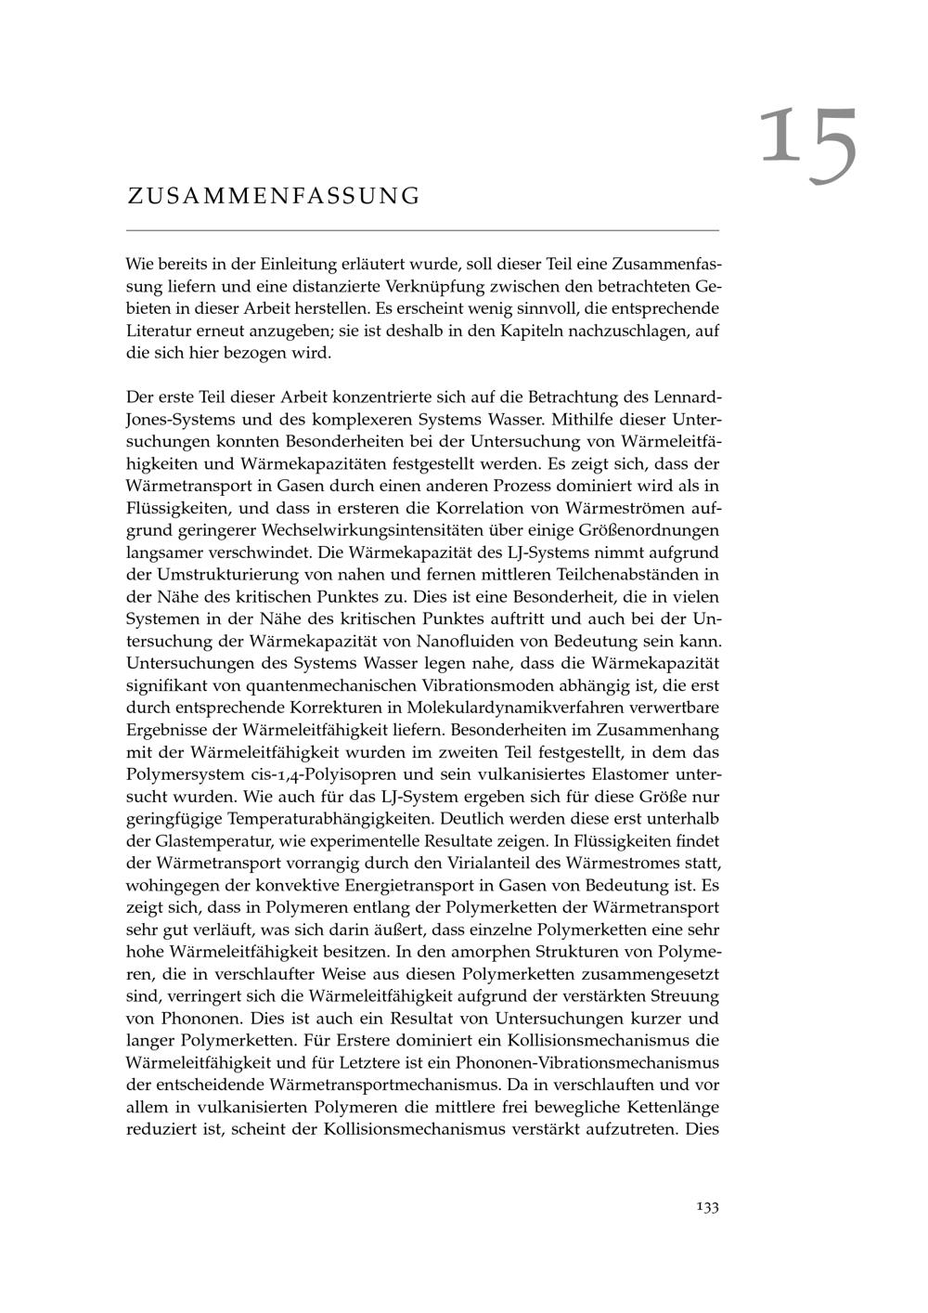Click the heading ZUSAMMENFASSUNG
pyautogui.click(x=274, y=196)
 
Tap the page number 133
pyautogui.click(x=707, y=1207)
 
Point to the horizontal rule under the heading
pyautogui.click(x=422, y=229)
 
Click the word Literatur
pyautogui.click(x=159, y=331)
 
